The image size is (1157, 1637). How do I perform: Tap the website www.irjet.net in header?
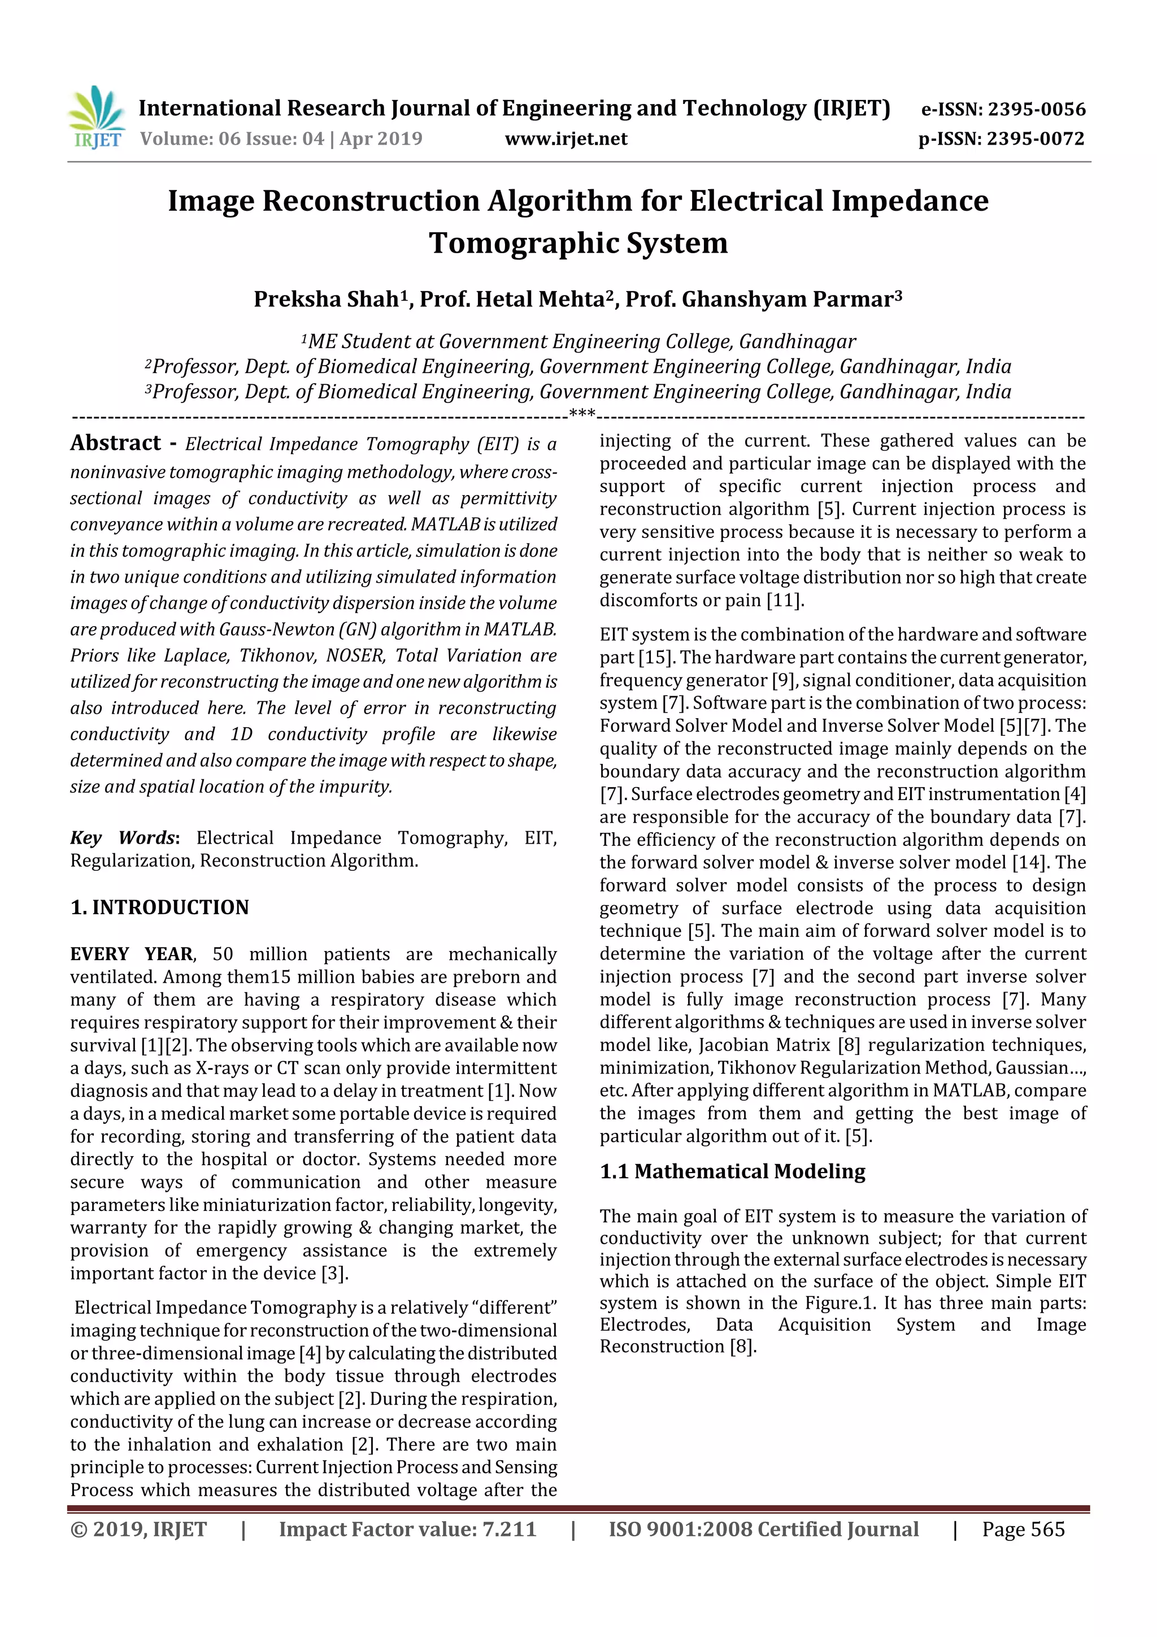pos(566,138)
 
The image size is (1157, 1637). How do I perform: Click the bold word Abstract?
pos(115,444)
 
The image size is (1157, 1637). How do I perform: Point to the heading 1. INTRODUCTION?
pos(160,907)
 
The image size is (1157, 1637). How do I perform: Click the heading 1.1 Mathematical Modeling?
pos(732,1171)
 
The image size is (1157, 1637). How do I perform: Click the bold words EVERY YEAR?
pos(132,954)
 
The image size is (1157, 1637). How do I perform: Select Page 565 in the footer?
pos(1023,1529)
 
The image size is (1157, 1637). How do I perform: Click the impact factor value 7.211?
pos(509,1529)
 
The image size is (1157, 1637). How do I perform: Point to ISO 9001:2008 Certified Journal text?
pos(763,1529)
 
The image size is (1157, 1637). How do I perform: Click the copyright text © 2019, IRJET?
pos(138,1529)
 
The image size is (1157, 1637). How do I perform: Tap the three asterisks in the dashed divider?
pos(582,414)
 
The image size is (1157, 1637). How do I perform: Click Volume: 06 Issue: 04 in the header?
pos(232,138)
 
